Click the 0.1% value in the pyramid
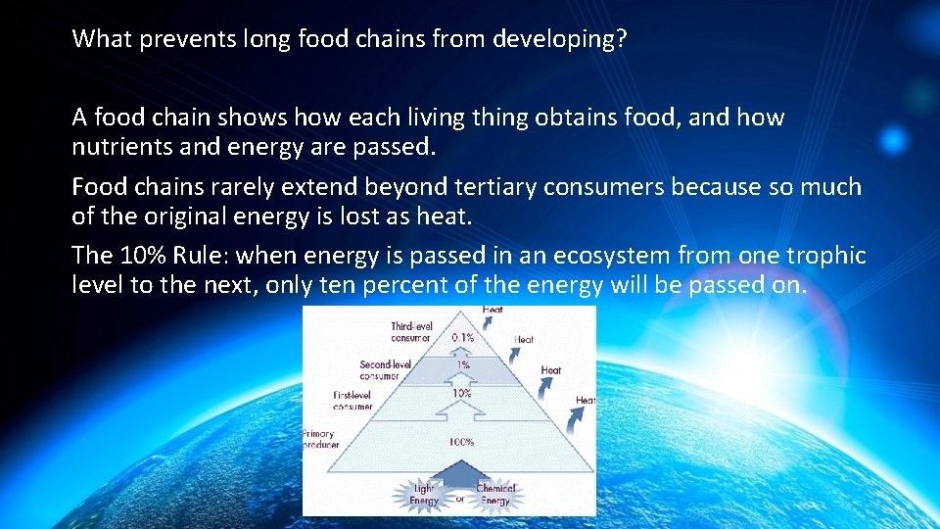point(462,336)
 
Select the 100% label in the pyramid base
point(461,442)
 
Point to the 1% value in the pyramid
point(462,364)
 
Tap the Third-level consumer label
point(410,332)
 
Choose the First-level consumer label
point(352,401)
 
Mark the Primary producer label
point(320,439)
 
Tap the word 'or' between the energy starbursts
point(459,498)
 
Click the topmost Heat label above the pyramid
point(493,311)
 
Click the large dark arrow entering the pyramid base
point(459,474)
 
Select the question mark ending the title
point(622,39)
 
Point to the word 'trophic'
point(827,256)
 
